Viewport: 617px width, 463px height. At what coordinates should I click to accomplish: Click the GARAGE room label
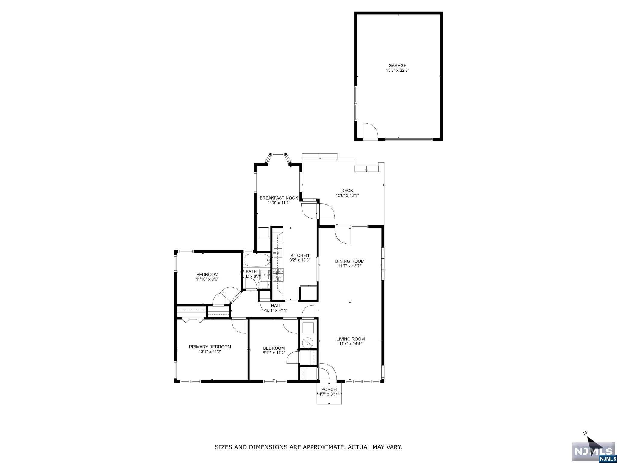397,65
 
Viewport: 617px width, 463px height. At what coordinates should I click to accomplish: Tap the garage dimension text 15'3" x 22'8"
397,71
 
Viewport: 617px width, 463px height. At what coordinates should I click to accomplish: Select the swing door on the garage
370,131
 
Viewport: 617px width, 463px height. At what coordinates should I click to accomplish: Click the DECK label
347,191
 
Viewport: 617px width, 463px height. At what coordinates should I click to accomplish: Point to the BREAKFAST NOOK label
279,198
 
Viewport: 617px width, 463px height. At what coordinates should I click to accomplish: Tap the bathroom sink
265,275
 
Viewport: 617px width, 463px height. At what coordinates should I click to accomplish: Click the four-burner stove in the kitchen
278,275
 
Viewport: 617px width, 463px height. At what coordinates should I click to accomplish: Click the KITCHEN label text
299,255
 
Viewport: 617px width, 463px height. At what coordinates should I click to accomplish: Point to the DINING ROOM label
349,261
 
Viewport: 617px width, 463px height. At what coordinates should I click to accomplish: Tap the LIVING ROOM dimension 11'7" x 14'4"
350,344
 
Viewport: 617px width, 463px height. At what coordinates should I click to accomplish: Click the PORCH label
329,389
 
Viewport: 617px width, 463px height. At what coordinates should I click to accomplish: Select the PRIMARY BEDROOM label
210,347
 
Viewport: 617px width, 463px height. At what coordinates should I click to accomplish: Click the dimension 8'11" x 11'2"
274,353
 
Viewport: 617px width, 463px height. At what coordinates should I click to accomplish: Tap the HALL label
276,306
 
